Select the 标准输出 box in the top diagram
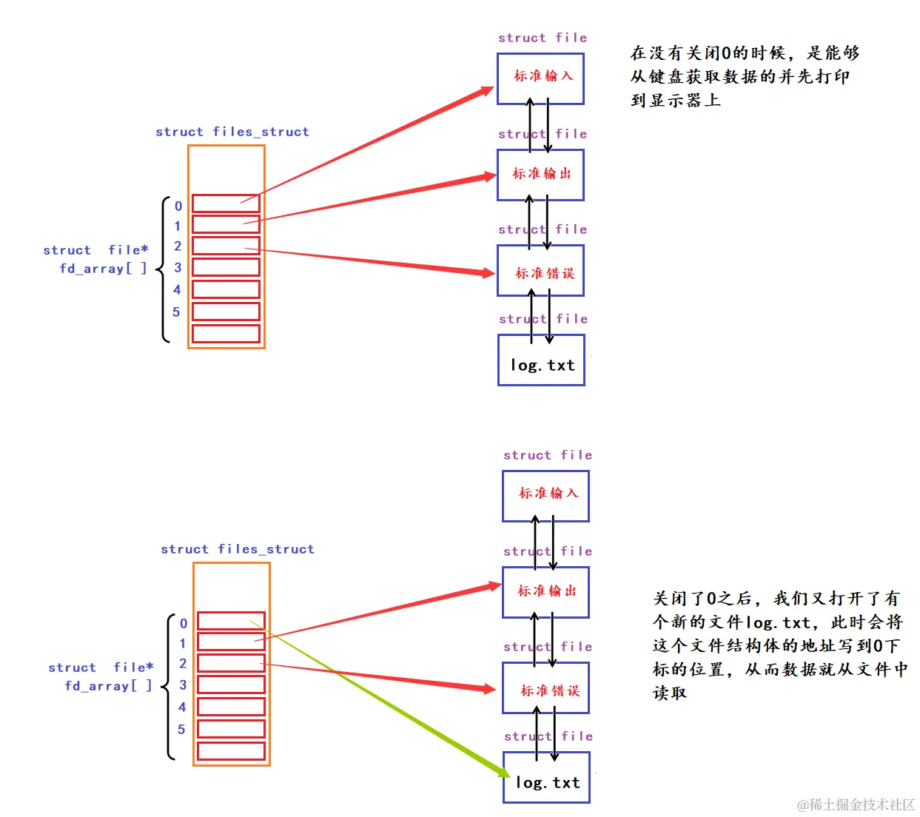tap(540, 175)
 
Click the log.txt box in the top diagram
tap(541, 360)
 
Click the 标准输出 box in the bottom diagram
tap(545, 592)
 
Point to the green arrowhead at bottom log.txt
tap(502, 770)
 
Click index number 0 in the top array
tap(178, 206)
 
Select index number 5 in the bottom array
tap(181, 730)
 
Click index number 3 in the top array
tap(178, 268)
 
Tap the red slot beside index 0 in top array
tap(226, 204)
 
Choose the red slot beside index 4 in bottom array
tap(231, 707)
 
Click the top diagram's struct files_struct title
tap(232, 132)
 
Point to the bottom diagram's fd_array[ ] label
tap(108, 686)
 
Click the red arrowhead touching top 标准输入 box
tap(486, 91)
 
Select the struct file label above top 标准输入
tap(542, 38)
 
